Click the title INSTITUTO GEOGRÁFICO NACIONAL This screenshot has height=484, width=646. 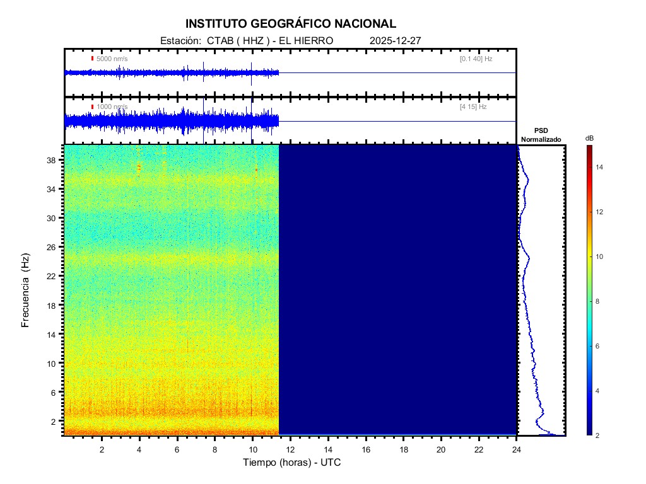click(x=291, y=24)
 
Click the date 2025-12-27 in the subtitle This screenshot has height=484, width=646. click(x=395, y=40)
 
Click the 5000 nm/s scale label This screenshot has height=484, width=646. click(x=112, y=59)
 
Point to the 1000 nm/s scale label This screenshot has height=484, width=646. click(x=112, y=107)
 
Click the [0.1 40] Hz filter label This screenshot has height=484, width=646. click(x=476, y=59)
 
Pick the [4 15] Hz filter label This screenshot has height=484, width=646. click(x=473, y=107)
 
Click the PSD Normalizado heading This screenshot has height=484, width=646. click(x=541, y=135)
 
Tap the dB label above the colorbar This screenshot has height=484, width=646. click(x=589, y=138)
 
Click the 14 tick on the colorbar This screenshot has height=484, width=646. click(x=601, y=167)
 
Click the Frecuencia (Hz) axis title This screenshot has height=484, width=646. click(x=26, y=291)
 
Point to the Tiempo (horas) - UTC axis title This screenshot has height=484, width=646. click(x=292, y=463)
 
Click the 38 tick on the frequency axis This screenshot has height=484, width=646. click(x=51, y=160)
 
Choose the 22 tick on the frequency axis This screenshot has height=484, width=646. click(x=51, y=276)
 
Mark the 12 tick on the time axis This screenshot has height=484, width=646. click(x=291, y=449)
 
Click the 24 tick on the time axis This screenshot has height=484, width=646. click(x=517, y=449)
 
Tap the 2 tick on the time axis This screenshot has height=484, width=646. click(x=102, y=449)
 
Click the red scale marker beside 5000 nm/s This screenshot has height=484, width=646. click(x=92, y=59)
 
